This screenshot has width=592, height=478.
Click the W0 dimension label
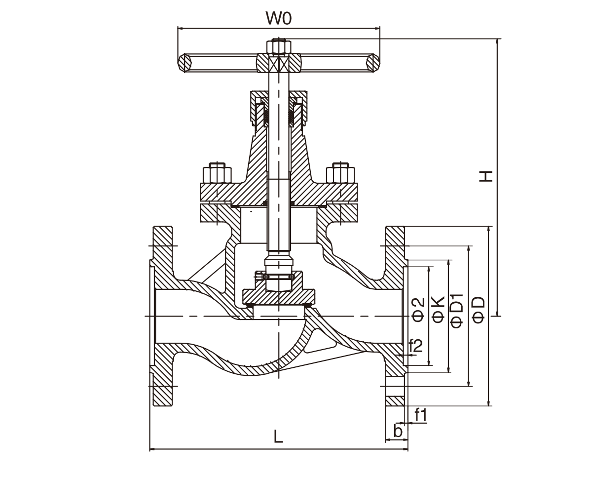(279, 19)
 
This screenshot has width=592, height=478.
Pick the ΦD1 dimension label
(457, 310)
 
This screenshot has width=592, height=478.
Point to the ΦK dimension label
(438, 310)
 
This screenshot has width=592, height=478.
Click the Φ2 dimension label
(418, 310)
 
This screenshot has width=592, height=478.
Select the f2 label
(415, 345)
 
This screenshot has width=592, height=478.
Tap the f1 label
(420, 415)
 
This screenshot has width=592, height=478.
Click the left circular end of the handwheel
(185, 62)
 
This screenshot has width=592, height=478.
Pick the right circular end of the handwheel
(373, 62)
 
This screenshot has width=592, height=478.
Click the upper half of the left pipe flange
(163, 257)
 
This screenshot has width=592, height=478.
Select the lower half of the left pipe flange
(163, 375)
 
